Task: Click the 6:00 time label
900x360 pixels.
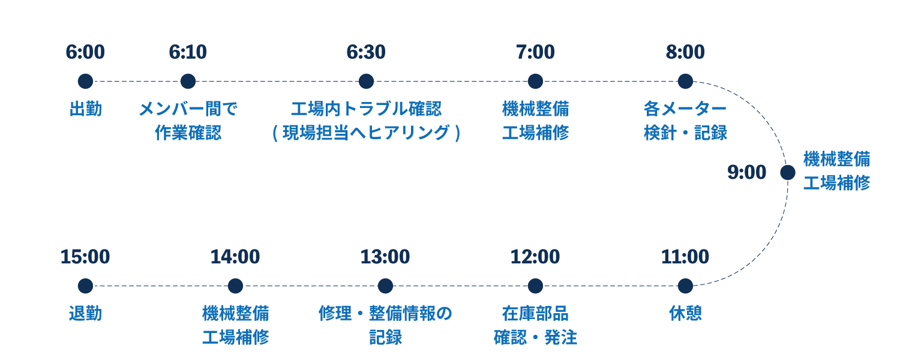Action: pyautogui.click(x=85, y=52)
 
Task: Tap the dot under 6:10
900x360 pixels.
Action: pyautogui.click(x=188, y=81)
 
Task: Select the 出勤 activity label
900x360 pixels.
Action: pyautogui.click(x=85, y=109)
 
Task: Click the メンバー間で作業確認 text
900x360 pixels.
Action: pyautogui.click(x=188, y=121)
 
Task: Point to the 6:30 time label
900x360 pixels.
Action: pyautogui.click(x=365, y=52)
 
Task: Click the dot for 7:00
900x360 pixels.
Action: pyautogui.click(x=535, y=81)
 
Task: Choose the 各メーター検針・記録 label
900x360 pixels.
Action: pyautogui.click(x=685, y=121)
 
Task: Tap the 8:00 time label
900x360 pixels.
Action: pyautogui.click(x=685, y=52)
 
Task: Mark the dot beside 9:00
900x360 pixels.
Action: pyautogui.click(x=788, y=173)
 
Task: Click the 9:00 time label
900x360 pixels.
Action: pyautogui.click(x=747, y=173)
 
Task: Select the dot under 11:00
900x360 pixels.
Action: pyautogui.click(x=685, y=286)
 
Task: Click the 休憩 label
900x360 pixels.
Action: pyautogui.click(x=685, y=313)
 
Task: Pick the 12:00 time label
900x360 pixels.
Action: pyautogui.click(x=535, y=257)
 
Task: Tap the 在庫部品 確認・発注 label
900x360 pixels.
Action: pyautogui.click(x=535, y=325)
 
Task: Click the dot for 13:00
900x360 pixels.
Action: pyautogui.click(x=385, y=286)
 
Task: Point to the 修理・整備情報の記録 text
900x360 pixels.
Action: pyautogui.click(x=385, y=325)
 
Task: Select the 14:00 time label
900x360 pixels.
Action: pyautogui.click(x=235, y=257)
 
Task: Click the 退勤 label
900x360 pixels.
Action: pyautogui.click(x=85, y=313)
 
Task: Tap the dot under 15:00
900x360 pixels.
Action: pyautogui.click(x=85, y=286)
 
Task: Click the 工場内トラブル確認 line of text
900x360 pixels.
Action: pyautogui.click(x=365, y=109)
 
